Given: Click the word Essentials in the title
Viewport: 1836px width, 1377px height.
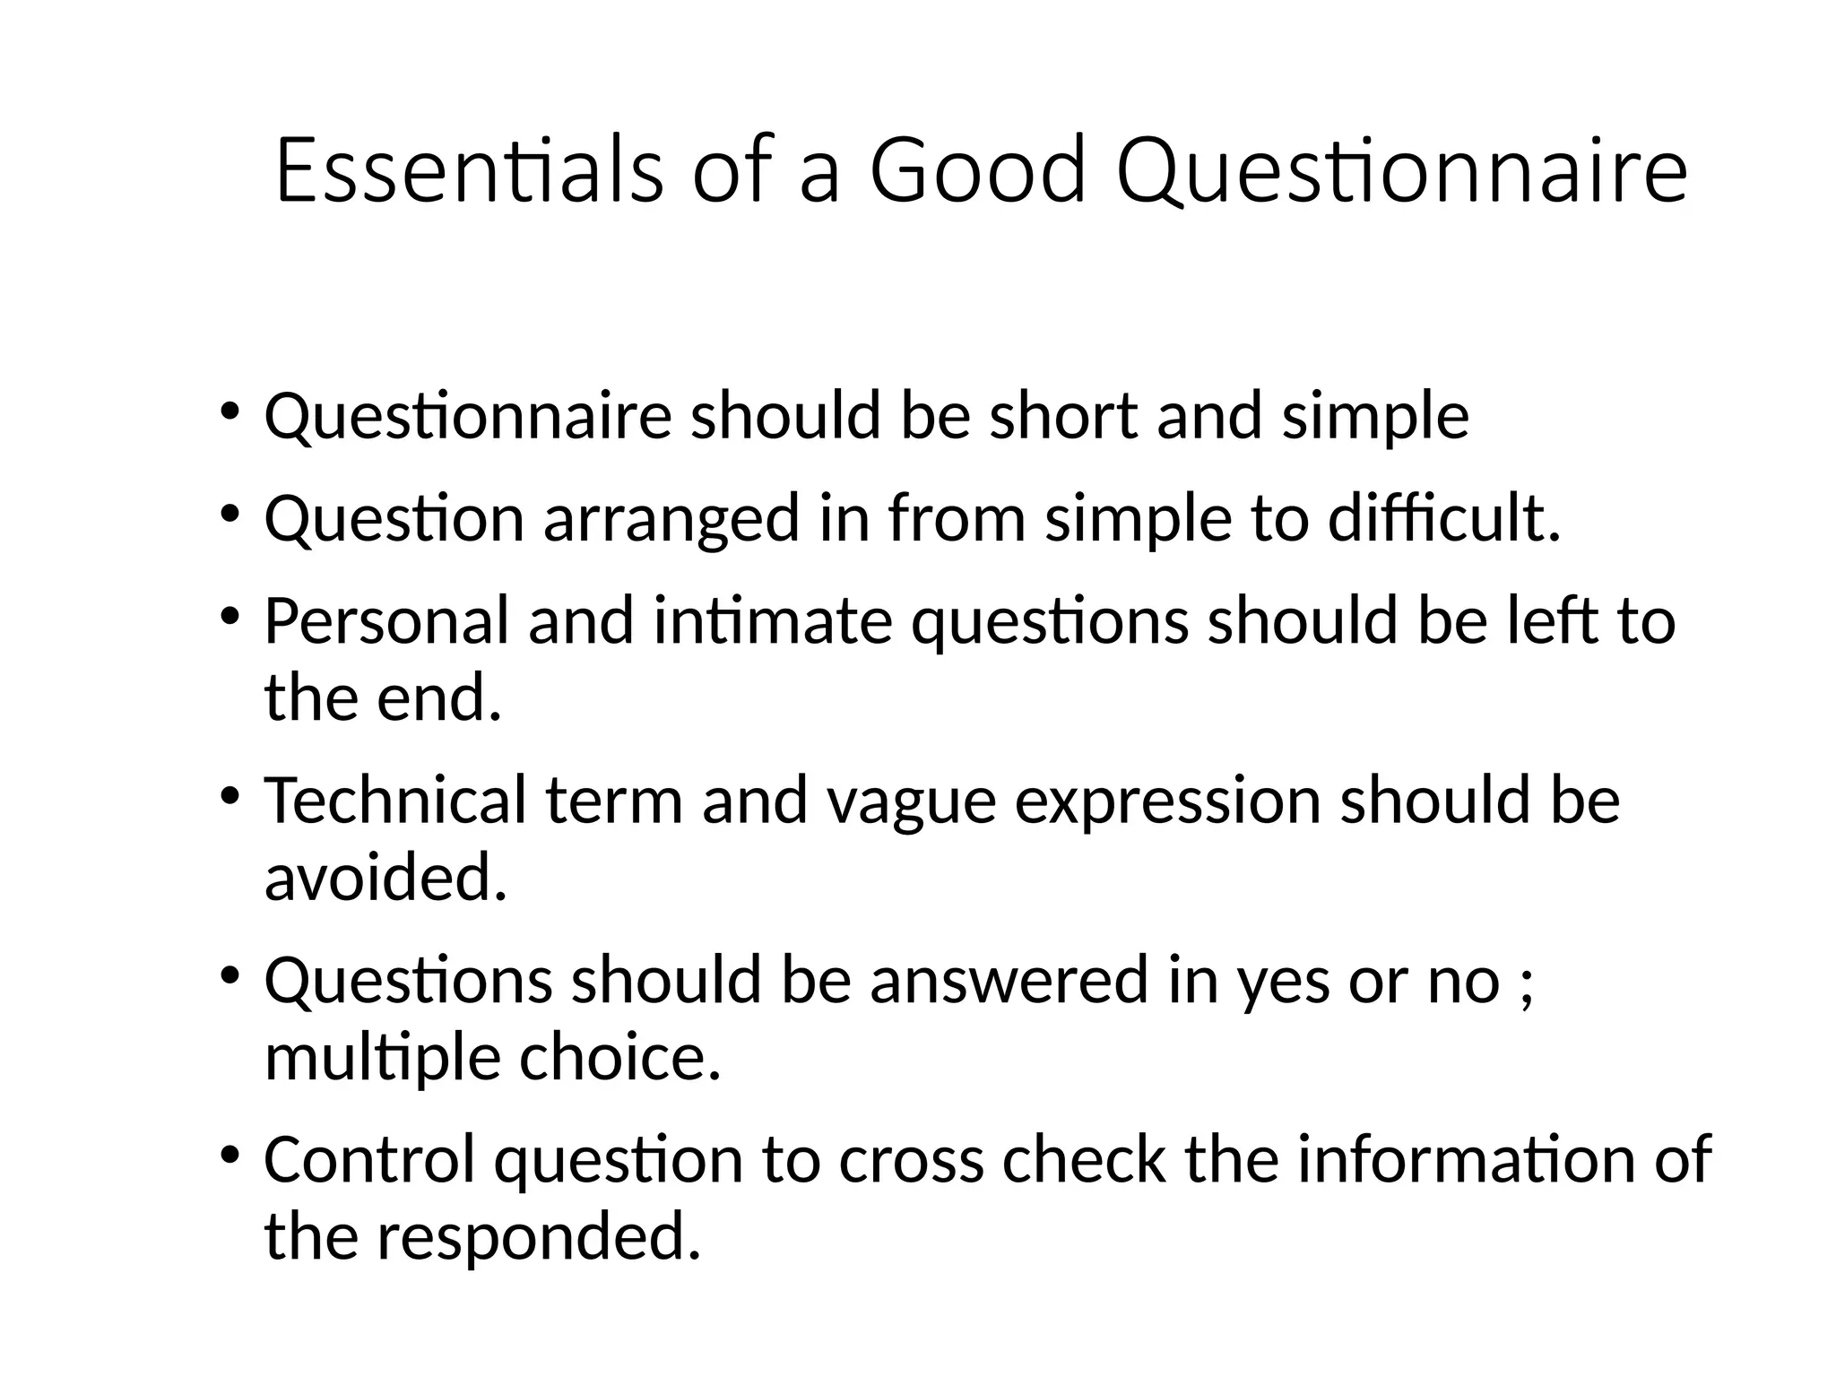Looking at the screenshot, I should pyautogui.click(x=469, y=170).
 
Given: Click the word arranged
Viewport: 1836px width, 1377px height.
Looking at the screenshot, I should pyautogui.click(x=671, y=520).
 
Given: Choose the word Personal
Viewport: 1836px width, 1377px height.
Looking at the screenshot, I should pyautogui.click(x=386, y=620).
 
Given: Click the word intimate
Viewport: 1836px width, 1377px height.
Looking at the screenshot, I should pyautogui.click(x=773, y=620).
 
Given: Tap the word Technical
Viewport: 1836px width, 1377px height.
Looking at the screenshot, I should pyautogui.click(x=394, y=800).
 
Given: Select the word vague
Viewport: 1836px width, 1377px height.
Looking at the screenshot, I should pyautogui.click(x=911, y=801).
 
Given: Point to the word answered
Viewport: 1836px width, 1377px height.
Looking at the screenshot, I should pyautogui.click(x=1009, y=980).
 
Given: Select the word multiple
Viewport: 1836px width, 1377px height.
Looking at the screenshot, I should pyautogui.click(x=382, y=1059).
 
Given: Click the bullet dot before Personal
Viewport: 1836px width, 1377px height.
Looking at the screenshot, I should pyautogui.click(x=229, y=616).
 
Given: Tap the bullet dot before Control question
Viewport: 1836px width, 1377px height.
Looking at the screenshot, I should pyautogui.click(x=229, y=1154).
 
